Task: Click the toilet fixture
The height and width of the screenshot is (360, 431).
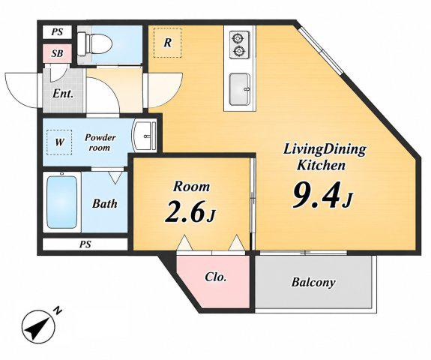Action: (94, 44)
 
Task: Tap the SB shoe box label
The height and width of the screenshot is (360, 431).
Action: (57, 53)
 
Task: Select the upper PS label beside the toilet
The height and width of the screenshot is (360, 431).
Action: (57, 32)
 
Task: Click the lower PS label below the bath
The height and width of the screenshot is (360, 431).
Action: (85, 244)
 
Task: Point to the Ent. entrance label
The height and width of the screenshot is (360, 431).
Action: (63, 94)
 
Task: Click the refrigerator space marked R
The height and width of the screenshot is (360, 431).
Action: (167, 43)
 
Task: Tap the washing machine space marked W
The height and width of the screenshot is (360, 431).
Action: (59, 142)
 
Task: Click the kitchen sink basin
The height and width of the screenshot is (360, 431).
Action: (240, 89)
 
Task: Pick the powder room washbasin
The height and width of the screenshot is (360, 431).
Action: (145, 136)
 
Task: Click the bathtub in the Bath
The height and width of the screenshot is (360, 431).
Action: (61, 202)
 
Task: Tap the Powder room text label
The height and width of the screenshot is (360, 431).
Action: (100, 142)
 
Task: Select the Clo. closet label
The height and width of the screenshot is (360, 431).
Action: (216, 277)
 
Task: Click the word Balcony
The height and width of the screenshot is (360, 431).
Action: (313, 282)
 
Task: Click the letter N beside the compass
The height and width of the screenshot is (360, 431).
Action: (58, 310)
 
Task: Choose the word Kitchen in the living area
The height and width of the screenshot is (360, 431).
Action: (322, 165)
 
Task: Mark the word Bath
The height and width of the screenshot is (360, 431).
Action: (105, 203)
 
